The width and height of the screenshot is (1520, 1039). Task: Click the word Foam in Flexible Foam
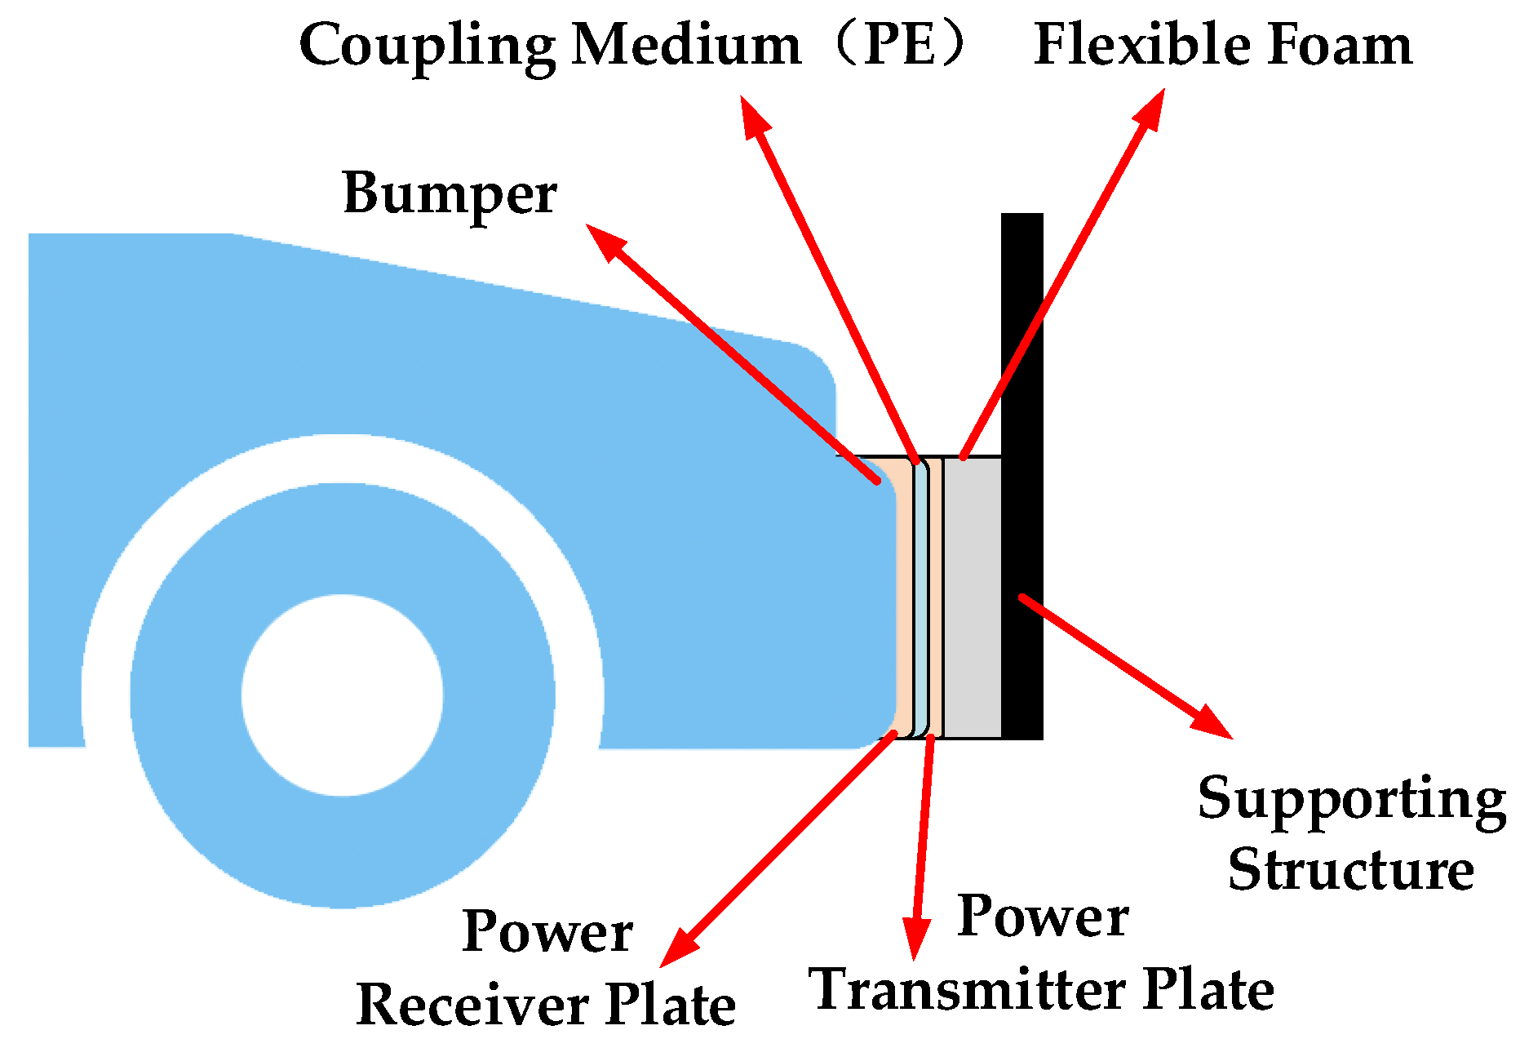(x=1338, y=44)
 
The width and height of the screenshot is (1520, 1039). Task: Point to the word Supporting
(x=1351, y=800)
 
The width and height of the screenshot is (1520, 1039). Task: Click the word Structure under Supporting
(x=1351, y=870)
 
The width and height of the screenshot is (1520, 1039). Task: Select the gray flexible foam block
(x=973, y=596)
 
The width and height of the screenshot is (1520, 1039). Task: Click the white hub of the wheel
(x=343, y=695)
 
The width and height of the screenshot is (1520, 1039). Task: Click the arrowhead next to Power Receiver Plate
(x=676, y=950)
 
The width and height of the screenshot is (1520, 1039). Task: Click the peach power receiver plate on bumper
(x=904, y=596)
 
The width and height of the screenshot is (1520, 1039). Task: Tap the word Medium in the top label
(x=686, y=44)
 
